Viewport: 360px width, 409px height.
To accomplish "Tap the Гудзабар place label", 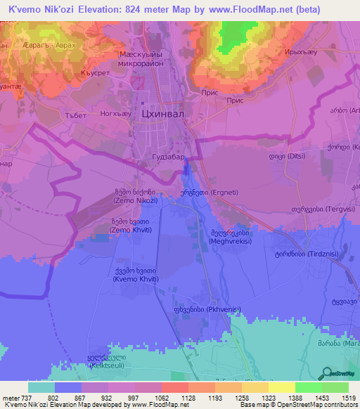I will (167, 157).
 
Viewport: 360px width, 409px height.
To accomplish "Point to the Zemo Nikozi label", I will (135, 196).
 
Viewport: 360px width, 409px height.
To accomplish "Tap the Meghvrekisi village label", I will (230, 237).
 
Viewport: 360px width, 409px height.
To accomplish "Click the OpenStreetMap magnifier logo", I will (326, 372).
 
